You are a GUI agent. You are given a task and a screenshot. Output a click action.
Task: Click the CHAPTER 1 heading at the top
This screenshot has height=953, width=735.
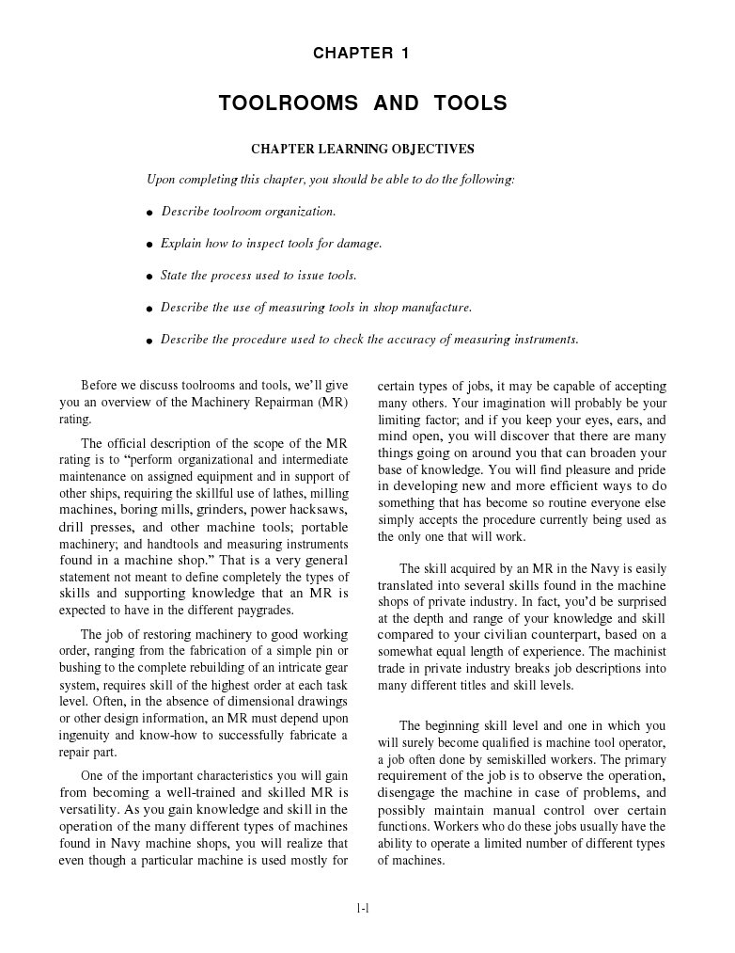361,54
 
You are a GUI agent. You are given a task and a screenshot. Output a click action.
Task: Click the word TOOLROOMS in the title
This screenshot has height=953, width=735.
289,103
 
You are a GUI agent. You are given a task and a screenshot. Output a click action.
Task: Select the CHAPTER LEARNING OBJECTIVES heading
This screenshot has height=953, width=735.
361,149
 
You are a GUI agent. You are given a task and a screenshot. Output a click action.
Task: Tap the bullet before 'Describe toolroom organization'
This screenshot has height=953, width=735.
149,214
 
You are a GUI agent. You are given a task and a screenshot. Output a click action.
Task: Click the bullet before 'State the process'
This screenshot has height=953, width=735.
149,278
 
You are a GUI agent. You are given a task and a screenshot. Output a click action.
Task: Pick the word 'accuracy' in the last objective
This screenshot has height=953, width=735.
409,340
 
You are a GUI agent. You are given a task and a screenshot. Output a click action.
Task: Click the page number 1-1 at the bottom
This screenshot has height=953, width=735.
362,908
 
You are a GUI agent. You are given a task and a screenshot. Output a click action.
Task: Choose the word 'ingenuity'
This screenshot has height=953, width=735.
85,735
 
